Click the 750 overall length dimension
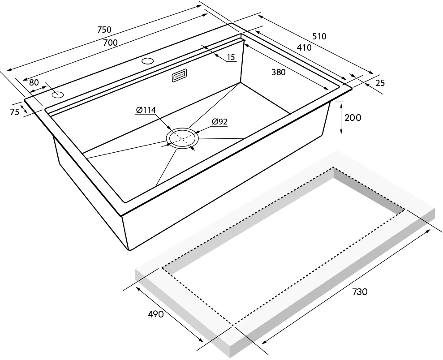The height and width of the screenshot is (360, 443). click(x=104, y=30)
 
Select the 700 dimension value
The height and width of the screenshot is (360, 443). click(x=110, y=43)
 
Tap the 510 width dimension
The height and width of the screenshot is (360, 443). click(x=319, y=36)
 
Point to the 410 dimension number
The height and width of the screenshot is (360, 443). click(x=304, y=48)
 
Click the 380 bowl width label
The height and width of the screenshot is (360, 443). click(x=279, y=73)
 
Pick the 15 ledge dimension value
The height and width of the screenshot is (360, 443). click(x=231, y=57)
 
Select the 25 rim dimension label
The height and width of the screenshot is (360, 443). click(x=380, y=83)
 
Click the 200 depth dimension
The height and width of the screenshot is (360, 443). click(x=353, y=118)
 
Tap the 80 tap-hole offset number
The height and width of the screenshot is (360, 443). click(x=34, y=82)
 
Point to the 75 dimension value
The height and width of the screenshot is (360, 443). click(x=15, y=112)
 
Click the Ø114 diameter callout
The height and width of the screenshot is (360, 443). click(x=146, y=110)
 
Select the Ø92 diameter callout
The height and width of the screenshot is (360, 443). click(x=219, y=122)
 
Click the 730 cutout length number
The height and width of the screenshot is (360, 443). click(x=360, y=291)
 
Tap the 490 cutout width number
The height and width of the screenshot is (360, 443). click(x=156, y=314)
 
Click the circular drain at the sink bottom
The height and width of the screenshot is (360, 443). click(x=182, y=138)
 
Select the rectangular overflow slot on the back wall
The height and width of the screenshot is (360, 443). click(x=179, y=76)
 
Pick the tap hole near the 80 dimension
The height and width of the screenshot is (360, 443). click(x=58, y=94)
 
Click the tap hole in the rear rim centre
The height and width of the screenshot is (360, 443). click(x=147, y=61)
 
